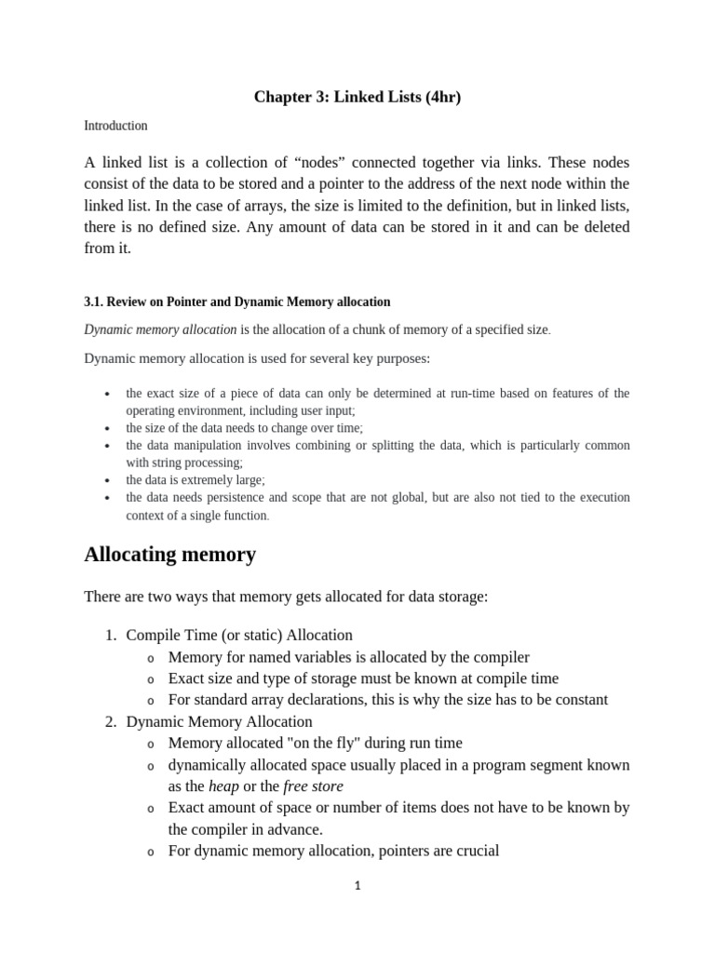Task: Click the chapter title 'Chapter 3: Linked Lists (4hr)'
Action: click(357, 98)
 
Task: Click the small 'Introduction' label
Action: click(115, 126)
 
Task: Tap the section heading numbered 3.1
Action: click(237, 302)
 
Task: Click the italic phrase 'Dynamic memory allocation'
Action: click(161, 329)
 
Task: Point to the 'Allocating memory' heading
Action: click(169, 555)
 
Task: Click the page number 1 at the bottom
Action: click(357, 886)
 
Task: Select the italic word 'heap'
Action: click(223, 786)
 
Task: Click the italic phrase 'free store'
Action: click(313, 786)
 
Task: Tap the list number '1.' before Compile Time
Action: click(110, 636)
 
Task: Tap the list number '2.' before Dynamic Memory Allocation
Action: click(110, 722)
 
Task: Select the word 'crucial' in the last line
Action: click(475, 851)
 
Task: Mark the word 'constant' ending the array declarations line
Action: click(578, 700)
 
